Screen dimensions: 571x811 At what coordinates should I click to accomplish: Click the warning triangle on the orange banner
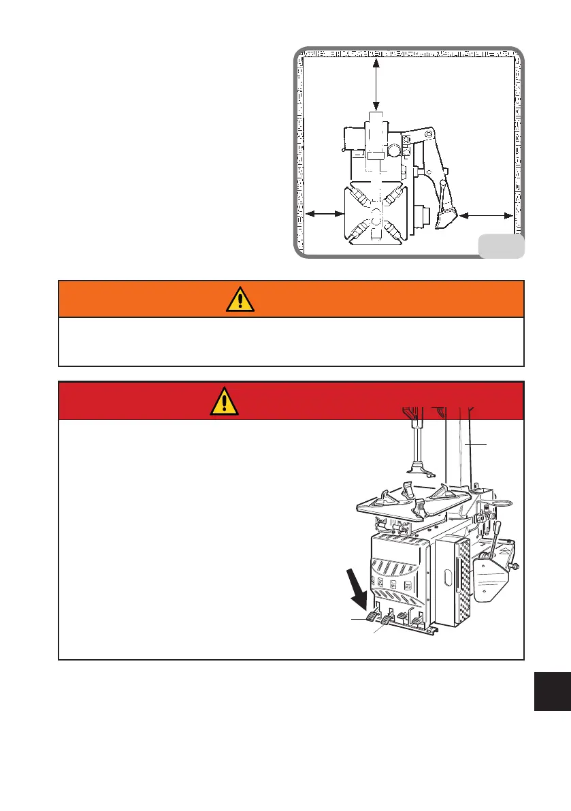(240, 299)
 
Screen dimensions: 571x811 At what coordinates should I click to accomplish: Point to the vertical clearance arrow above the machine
(376, 84)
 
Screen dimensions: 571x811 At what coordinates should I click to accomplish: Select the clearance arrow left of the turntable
(325, 214)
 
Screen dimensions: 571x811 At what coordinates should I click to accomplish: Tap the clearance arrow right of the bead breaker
(485, 215)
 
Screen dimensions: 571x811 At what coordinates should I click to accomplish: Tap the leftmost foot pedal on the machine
(372, 617)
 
